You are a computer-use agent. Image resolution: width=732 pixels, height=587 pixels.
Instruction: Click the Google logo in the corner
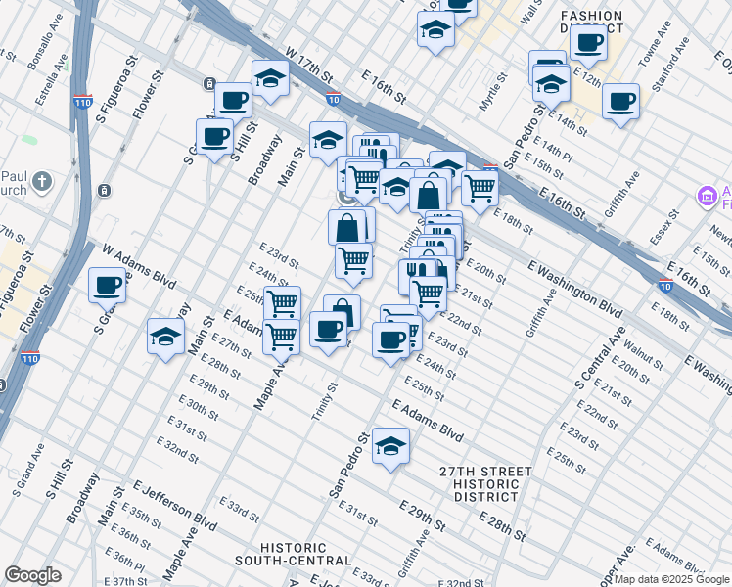pos(32,575)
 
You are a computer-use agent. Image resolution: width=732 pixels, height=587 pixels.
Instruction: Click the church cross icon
pos(41,181)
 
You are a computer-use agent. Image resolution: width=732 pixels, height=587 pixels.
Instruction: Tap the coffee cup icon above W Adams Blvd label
pos(108,285)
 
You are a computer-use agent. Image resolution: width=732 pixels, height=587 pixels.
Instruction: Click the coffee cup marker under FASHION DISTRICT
pos(589,41)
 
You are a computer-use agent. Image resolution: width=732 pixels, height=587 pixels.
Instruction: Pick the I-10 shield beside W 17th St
pos(334,98)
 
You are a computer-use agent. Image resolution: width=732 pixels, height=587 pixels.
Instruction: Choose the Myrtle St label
pos(490,99)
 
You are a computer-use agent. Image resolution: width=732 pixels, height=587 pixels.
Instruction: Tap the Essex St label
pos(665,226)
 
